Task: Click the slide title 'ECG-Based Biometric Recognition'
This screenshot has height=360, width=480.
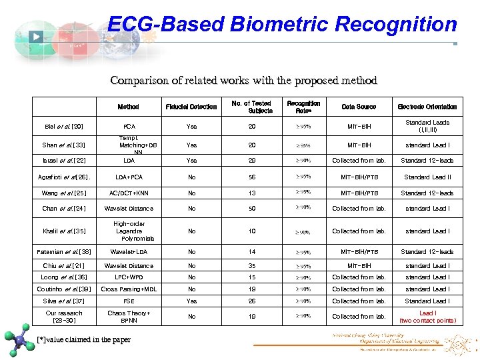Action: [282, 25]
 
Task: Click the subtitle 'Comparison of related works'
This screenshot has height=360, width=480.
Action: [243, 81]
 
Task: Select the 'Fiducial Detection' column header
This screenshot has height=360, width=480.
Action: [191, 107]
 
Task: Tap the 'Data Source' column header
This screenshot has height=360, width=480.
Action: [359, 107]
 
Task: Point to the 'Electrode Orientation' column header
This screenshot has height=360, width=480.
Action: [427, 107]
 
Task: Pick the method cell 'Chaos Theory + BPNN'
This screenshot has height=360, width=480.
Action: [129, 317]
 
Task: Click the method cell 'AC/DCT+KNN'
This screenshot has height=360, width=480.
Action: [129, 193]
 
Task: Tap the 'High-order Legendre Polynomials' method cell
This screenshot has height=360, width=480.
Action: [129, 231]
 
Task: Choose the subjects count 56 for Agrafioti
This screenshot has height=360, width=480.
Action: [252, 177]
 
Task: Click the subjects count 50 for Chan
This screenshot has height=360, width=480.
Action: [252, 209]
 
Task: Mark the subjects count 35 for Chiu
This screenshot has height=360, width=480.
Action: [252, 265]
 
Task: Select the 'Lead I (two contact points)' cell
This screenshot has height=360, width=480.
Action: [427, 317]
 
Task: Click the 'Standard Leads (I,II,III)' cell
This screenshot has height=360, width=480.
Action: [427, 126]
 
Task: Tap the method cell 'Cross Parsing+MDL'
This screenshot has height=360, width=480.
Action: [129, 289]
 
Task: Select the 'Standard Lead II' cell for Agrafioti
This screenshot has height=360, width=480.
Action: [427, 177]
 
